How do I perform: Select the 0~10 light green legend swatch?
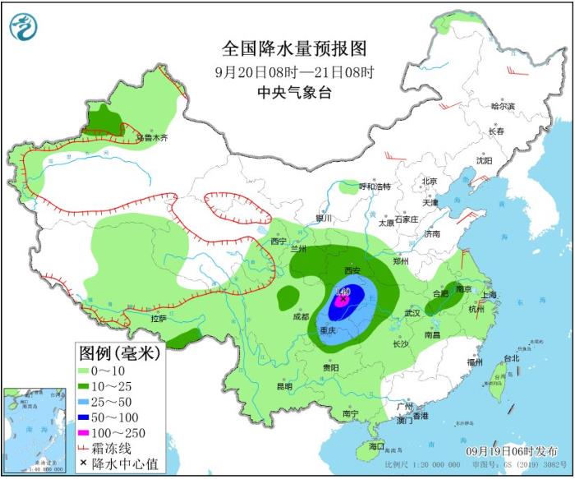click(90, 372)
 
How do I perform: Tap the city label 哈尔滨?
click(502, 106)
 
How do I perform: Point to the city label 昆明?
click(284, 386)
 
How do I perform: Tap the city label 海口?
click(376, 446)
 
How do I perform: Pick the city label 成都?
click(300, 315)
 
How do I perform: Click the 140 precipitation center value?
click(344, 292)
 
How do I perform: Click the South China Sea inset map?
click(34, 431)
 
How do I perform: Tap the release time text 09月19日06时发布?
click(506, 452)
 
